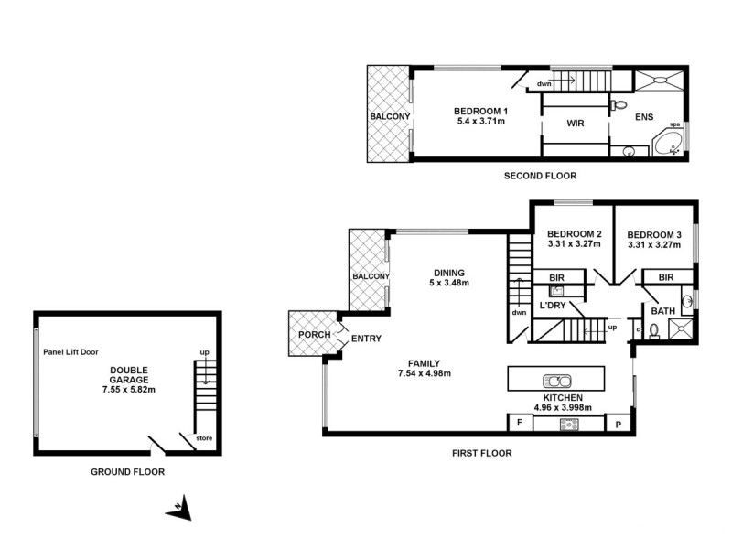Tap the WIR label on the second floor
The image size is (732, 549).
click(576, 124)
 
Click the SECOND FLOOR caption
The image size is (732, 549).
click(539, 176)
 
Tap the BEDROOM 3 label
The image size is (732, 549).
click(654, 234)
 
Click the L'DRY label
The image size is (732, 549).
click(554, 306)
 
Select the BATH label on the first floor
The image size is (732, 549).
click(662, 311)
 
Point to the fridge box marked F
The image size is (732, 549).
click(520, 424)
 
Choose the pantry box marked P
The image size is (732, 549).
click(619, 424)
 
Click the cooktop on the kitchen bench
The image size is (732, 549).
click(569, 424)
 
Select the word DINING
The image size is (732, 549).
click(449, 273)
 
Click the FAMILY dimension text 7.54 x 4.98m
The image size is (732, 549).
click(425, 373)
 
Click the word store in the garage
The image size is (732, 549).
click(204, 439)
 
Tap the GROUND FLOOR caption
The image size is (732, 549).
click(127, 473)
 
